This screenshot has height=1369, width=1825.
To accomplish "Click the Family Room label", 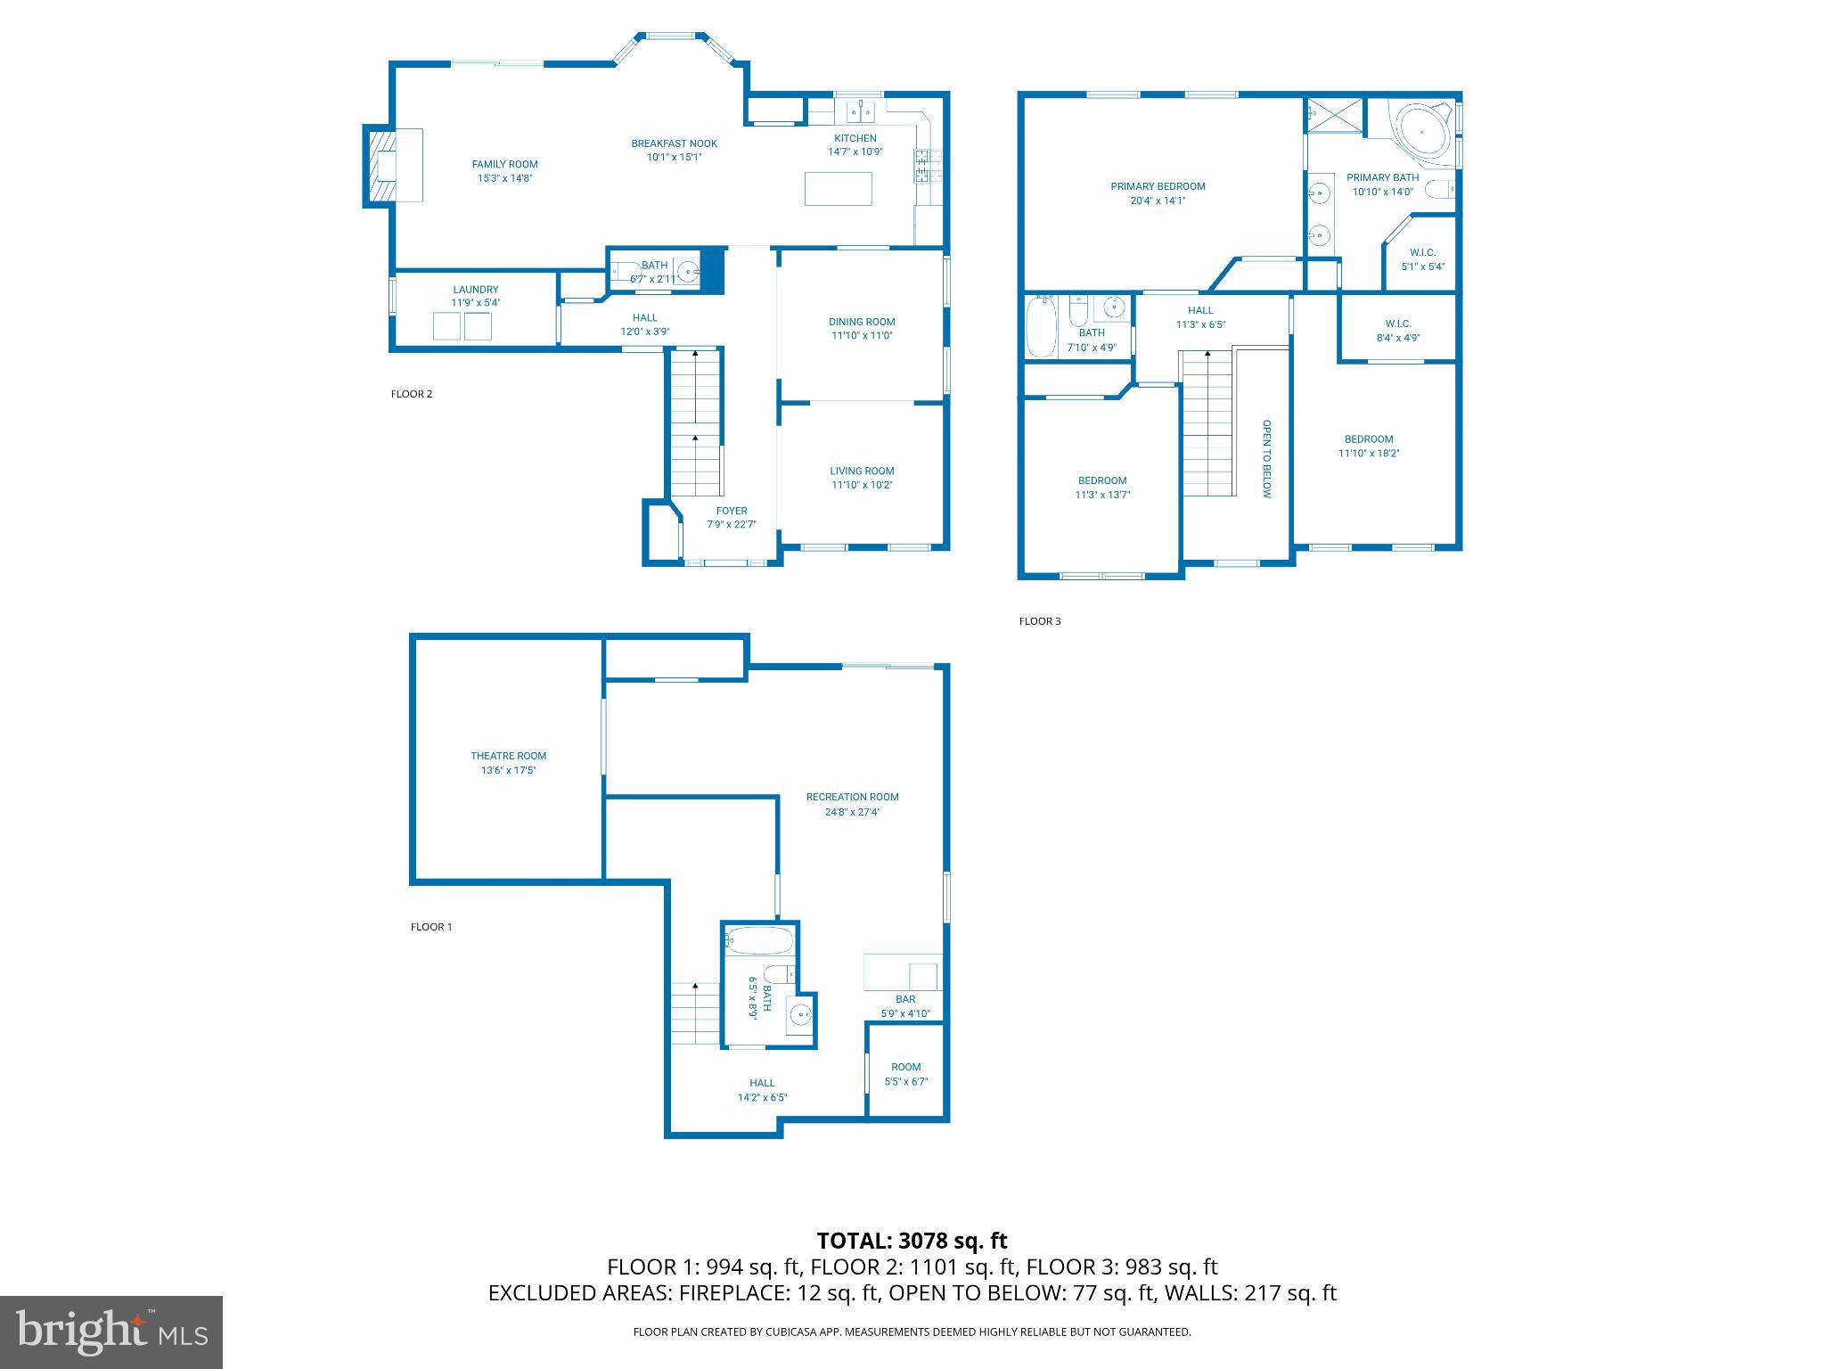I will [x=504, y=164].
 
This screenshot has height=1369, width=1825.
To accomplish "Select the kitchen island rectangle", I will [x=838, y=189].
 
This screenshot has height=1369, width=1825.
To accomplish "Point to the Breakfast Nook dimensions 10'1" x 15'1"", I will [x=674, y=158].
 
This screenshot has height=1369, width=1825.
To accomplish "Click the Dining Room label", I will [x=861, y=322].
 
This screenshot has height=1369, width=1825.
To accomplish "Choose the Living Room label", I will [x=861, y=471].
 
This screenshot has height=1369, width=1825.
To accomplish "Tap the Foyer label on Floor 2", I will [x=731, y=511].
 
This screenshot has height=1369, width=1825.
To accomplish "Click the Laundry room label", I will [x=475, y=290].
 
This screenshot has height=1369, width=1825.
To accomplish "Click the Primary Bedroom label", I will [x=1158, y=186].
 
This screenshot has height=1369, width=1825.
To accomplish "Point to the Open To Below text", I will [x=1266, y=458].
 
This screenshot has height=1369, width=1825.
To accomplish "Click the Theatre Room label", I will [x=508, y=756].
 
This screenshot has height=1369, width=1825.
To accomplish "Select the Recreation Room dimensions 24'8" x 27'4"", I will [x=852, y=812].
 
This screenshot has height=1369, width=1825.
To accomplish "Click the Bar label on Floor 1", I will [x=905, y=999].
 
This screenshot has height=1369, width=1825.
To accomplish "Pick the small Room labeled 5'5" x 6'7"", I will [x=905, y=1073].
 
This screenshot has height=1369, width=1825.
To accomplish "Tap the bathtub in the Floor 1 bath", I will [x=759, y=941].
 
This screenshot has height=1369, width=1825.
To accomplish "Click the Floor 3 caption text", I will [x=1039, y=621].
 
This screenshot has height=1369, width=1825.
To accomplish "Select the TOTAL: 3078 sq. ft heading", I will [x=912, y=1241].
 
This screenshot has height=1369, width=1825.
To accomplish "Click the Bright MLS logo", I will [x=111, y=1332].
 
